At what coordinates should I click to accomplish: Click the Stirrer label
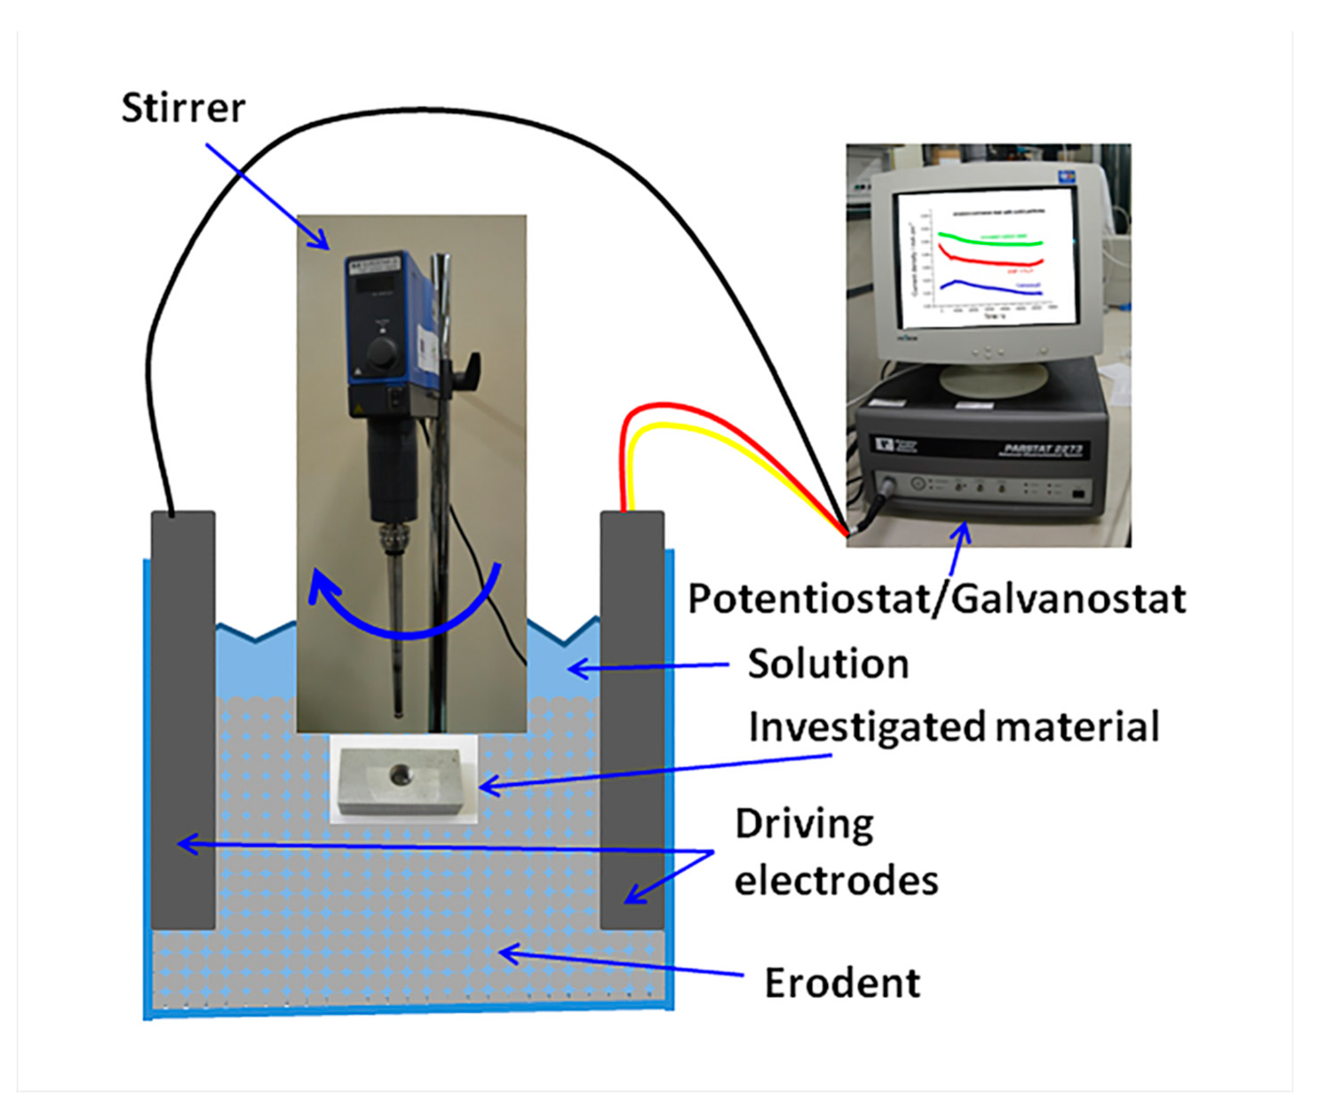pyautogui.click(x=183, y=108)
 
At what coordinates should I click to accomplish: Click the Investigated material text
pyautogui.click(x=953, y=727)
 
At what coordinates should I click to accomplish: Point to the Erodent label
pyautogui.click(x=842, y=983)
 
